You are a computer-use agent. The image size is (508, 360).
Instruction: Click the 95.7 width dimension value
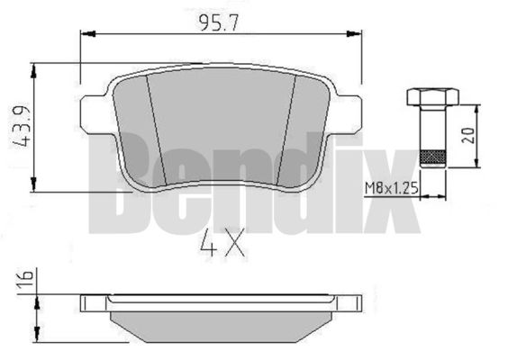219,23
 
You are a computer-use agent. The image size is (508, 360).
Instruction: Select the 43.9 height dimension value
22,127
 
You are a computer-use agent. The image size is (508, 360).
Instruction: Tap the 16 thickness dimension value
25,278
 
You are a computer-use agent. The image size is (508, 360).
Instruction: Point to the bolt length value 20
467,135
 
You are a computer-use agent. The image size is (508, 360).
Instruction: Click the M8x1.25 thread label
392,188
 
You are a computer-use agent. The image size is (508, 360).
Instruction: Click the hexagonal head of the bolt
432,97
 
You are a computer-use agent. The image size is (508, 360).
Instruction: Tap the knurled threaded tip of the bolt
433,158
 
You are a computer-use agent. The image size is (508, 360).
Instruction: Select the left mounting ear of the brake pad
94,114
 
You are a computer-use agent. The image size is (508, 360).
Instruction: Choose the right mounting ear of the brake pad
348,114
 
